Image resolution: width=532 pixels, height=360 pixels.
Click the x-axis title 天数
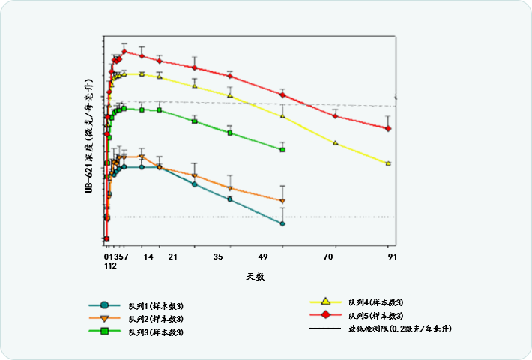pos(256,276)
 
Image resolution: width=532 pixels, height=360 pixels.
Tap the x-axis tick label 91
pos(392,257)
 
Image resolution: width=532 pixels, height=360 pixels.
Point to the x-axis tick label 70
pos(327,257)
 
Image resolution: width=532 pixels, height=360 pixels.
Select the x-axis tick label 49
pos(264,257)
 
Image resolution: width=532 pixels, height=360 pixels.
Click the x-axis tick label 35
pos(218,257)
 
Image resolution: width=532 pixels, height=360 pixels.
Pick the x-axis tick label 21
pos(172,257)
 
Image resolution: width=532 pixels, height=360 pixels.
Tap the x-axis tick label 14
pos(148,257)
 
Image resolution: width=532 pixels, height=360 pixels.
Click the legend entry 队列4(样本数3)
pos(376,301)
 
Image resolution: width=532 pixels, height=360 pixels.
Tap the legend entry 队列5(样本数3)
pos(376,315)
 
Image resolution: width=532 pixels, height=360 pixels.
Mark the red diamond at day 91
pos(388,129)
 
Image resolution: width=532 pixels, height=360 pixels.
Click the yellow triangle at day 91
pos(388,163)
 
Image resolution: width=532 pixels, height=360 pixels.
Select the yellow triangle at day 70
pos(335,142)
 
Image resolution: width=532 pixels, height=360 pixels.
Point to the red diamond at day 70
pos(335,115)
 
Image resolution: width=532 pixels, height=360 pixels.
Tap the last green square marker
pos(282,150)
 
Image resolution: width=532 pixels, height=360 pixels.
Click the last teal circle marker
pos(282,223)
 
